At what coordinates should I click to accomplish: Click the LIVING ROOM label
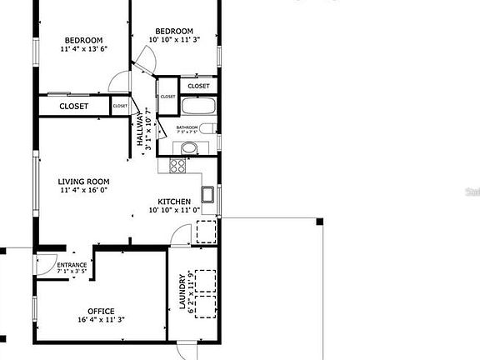pos(83,181)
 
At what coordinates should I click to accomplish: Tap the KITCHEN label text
pos(174,202)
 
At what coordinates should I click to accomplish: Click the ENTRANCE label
pos(72,265)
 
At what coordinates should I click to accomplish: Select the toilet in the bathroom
pos(209,127)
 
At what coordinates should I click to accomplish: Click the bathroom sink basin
pos(190,148)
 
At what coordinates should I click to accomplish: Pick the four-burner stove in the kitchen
pos(177,165)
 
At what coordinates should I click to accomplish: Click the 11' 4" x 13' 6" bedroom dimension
pos(84,49)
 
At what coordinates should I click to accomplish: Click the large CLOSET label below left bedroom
pos(74,106)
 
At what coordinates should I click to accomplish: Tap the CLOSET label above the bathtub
pos(198,86)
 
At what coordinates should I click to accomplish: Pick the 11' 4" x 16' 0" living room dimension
pos(83,190)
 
